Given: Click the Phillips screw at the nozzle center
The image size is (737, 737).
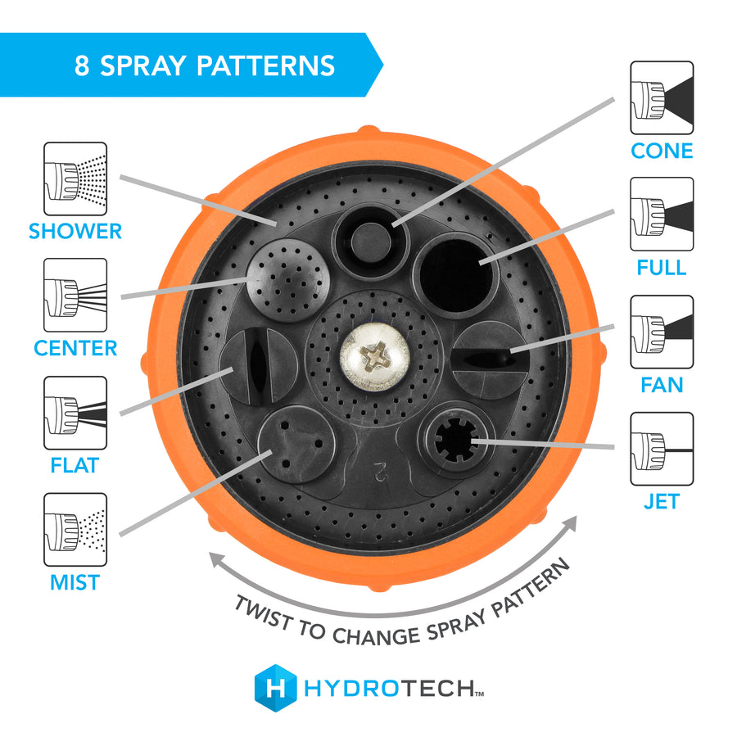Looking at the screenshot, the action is (x=374, y=357).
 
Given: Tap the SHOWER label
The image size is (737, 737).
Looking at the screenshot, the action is (x=75, y=231).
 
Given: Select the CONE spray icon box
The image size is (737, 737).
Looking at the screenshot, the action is (x=662, y=97).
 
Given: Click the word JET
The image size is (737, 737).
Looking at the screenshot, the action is (x=662, y=501).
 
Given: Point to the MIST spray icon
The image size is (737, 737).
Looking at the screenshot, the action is (x=75, y=530).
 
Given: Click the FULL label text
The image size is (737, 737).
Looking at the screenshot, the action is (x=662, y=268).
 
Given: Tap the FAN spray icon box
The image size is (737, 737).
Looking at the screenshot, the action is (x=662, y=332).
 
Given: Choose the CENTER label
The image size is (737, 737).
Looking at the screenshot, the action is (x=75, y=348).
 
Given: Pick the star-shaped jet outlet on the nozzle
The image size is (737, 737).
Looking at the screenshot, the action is (x=455, y=440).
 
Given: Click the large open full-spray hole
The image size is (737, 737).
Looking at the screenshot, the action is (x=455, y=275).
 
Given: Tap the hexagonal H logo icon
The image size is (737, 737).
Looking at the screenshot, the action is (x=275, y=688).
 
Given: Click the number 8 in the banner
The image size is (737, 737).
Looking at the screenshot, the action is (x=82, y=66).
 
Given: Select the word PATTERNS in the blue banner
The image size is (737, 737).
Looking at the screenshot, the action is (x=265, y=66).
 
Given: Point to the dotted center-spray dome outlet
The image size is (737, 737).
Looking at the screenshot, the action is (x=287, y=280).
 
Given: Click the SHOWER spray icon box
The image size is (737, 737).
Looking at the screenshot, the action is (x=75, y=179).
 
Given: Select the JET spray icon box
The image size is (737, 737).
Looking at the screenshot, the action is (x=662, y=449).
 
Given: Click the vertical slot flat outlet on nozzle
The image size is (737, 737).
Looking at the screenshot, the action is (x=259, y=367).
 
